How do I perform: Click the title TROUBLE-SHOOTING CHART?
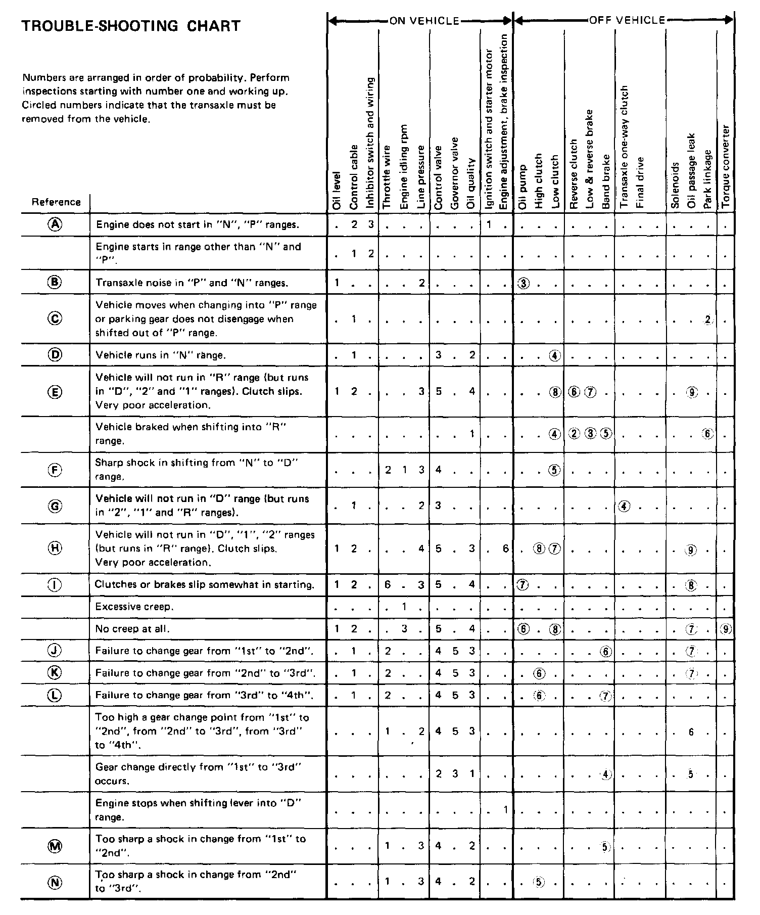131,26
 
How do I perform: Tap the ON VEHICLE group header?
424,21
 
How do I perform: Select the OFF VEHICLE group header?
627,20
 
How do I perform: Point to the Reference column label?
56,202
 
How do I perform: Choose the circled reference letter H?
55,548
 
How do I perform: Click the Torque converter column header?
726,167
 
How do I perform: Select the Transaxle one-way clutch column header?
624,147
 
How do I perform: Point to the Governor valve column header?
455,173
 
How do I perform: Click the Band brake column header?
606,181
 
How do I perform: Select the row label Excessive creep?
134,607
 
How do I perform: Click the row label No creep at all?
132,629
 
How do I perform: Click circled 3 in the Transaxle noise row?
524,283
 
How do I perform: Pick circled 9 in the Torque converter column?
726,629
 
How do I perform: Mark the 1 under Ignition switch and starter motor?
489,224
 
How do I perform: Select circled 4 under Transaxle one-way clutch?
624,506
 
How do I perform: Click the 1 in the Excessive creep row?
404,606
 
